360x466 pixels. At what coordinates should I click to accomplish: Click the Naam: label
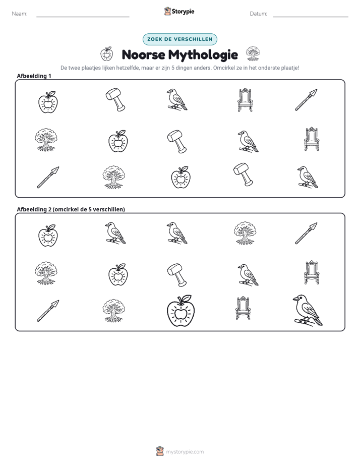point(20,14)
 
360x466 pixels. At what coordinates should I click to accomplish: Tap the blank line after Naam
point(83,17)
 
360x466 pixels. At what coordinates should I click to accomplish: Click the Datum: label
point(259,14)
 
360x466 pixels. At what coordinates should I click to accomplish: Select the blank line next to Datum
point(311,17)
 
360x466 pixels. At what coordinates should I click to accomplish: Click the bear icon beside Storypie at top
point(167,11)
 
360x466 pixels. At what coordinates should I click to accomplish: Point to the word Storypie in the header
point(183,12)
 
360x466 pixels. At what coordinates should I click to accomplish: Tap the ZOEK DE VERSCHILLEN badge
point(180,39)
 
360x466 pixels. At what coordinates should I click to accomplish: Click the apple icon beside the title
point(106,54)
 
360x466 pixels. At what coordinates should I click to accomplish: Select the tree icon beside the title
point(253,54)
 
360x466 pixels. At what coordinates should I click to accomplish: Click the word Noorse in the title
point(144,54)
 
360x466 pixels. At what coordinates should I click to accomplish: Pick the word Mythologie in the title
point(203,55)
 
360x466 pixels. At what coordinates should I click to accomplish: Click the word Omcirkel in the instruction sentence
point(223,68)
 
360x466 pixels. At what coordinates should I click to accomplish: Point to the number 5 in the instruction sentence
point(172,68)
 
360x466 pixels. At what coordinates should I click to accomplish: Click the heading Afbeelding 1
point(34,76)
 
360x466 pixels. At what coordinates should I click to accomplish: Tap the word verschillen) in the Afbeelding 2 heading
point(109,209)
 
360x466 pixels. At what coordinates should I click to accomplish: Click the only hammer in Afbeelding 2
point(177,274)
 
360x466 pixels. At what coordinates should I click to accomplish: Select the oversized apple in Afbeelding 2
point(181,311)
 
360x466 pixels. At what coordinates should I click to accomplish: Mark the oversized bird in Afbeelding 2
point(308,310)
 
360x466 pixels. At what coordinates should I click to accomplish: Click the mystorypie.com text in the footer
point(185,452)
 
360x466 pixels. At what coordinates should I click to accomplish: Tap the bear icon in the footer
point(160,451)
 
